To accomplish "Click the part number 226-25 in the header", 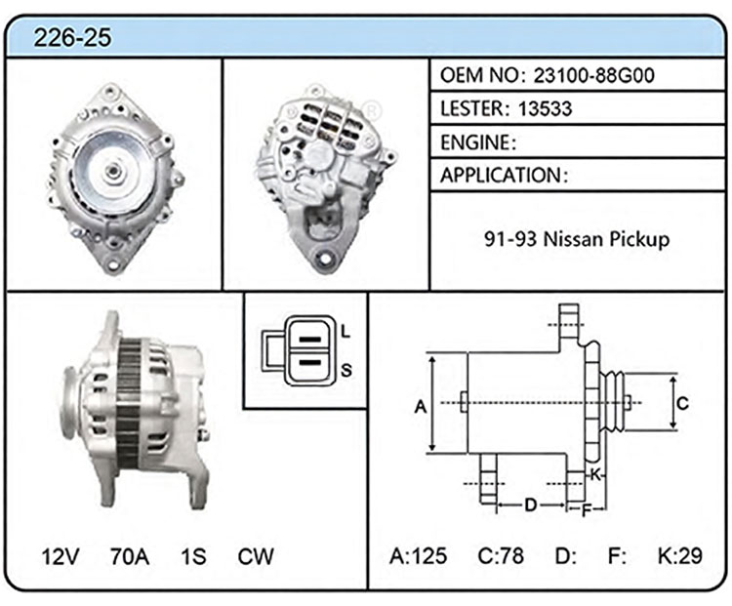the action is [x=72, y=37].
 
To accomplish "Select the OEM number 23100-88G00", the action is [x=593, y=75].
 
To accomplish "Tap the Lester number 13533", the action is [x=545, y=108].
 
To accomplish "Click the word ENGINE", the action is [x=475, y=142].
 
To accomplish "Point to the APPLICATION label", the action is [x=501, y=176].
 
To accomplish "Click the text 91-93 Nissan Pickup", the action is [x=577, y=239].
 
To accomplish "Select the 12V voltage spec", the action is [x=61, y=556].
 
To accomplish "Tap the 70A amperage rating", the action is [x=130, y=556].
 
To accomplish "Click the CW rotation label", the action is [x=256, y=556].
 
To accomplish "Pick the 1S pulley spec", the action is [x=193, y=556].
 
